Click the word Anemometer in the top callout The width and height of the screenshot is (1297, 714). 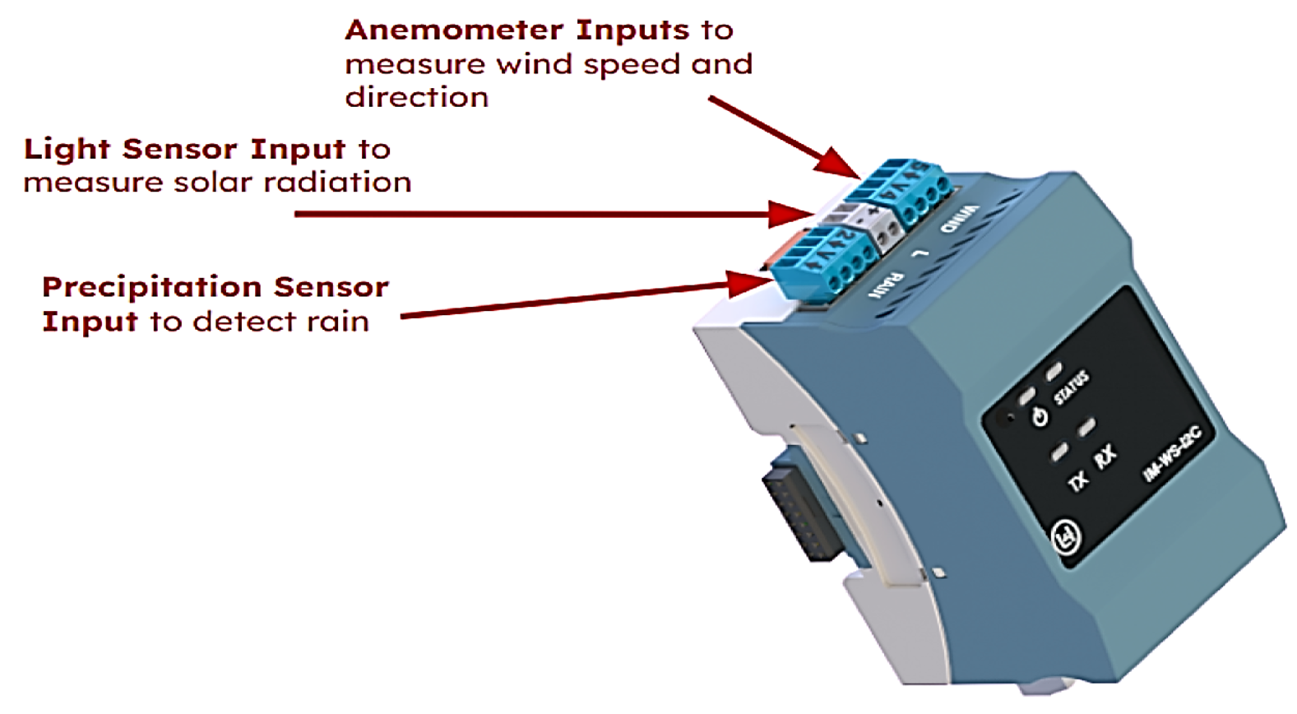click(x=455, y=30)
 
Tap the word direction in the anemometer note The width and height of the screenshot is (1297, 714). click(x=416, y=98)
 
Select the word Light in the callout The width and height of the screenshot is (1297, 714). click(x=67, y=149)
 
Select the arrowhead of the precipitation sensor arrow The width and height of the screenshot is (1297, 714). click(x=749, y=284)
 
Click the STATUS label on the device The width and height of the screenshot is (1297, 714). click(x=1072, y=387)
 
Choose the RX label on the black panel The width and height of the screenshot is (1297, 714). click(x=1105, y=456)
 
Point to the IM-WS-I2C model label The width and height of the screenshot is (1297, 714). click(x=1172, y=453)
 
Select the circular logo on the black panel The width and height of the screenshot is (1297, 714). click(x=1067, y=538)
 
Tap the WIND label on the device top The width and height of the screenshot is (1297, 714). click(x=959, y=218)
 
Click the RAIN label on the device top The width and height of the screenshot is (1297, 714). click(x=887, y=285)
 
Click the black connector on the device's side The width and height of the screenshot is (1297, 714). click(x=796, y=514)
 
